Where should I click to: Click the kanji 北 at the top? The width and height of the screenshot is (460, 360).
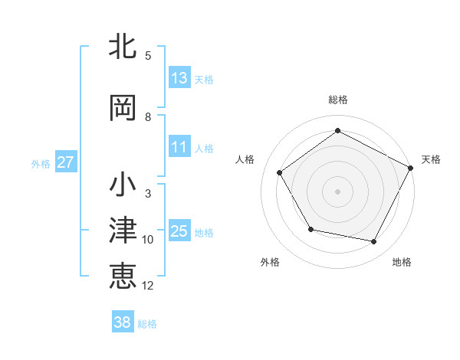coord(123,47)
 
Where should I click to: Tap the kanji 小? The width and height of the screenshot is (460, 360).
coord(123,185)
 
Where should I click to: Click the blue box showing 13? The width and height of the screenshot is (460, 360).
coord(179,78)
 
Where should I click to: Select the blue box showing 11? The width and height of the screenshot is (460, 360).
coord(179,147)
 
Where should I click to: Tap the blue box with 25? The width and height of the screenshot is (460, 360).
coord(179,231)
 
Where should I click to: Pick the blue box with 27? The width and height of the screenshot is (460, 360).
coord(66,162)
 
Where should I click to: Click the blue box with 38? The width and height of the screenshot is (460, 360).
coord(123,322)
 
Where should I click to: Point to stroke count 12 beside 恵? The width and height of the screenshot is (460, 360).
coord(148,286)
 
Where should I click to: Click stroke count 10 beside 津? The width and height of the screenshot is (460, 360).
coord(148,240)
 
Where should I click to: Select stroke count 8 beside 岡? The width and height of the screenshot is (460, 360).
coord(148,117)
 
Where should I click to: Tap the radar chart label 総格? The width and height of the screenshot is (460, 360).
coord(337,100)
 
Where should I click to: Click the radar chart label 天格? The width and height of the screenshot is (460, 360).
coord(431,159)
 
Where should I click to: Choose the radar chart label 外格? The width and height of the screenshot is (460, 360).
coord(270,262)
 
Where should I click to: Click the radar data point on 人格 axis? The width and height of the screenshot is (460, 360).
coord(280,172)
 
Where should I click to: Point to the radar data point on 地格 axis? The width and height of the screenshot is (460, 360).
coord(374,242)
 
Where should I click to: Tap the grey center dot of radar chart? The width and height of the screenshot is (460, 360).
coord(337,191)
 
